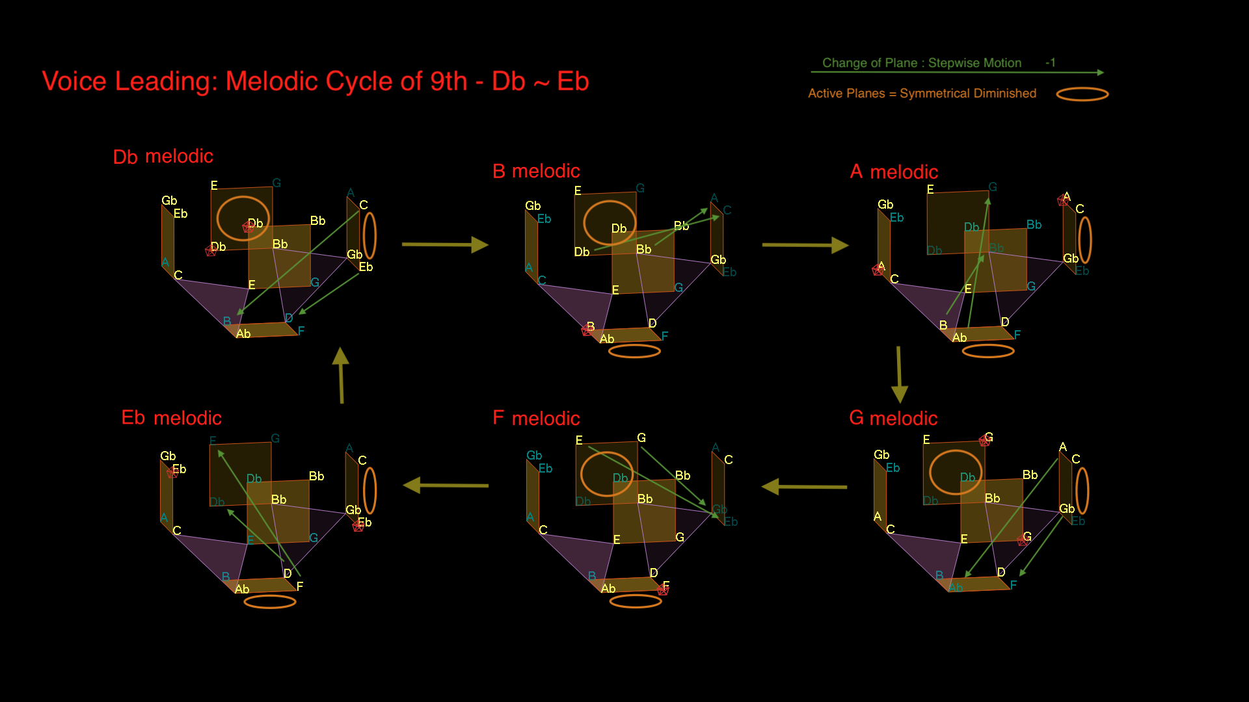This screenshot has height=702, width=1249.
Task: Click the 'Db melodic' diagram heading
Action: click(x=163, y=157)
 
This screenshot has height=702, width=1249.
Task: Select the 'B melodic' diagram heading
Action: click(x=536, y=171)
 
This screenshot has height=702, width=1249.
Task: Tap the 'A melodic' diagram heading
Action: click(x=894, y=172)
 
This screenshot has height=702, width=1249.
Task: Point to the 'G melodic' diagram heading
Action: click(x=893, y=418)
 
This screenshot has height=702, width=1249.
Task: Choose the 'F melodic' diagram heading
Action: click(x=536, y=418)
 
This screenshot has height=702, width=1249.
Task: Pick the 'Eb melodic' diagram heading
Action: click(x=171, y=417)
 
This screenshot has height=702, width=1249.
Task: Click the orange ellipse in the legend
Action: click(x=1082, y=94)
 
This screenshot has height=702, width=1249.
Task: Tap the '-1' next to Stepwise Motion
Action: click(x=1050, y=62)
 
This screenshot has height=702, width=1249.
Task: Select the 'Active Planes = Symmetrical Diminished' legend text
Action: click(x=922, y=94)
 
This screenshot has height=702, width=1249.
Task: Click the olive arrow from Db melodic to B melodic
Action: click(x=445, y=244)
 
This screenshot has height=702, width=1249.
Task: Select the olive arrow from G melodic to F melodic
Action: click(x=804, y=486)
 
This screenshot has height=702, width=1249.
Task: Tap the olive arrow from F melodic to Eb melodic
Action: click(x=446, y=485)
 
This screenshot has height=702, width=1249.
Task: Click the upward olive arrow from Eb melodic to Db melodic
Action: click(x=341, y=375)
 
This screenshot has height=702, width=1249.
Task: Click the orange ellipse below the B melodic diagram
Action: click(x=634, y=351)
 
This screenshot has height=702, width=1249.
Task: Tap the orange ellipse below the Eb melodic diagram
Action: click(x=270, y=602)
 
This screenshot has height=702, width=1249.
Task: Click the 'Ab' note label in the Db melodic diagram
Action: click(x=243, y=334)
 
